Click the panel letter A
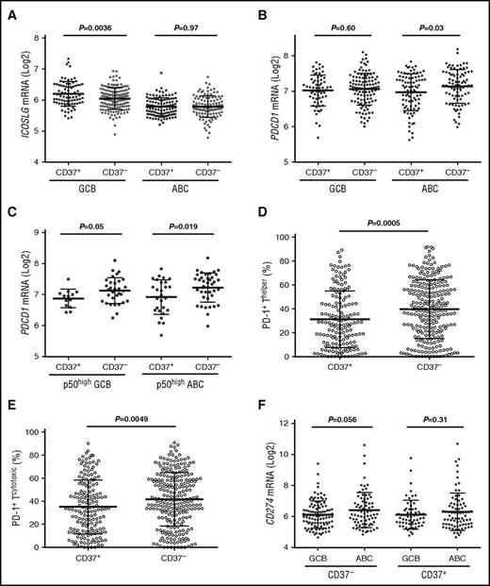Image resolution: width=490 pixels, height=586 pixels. pos(8,8)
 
